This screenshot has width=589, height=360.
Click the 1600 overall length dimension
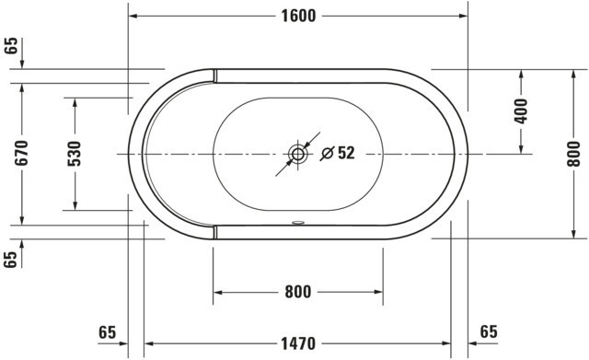click(298, 16)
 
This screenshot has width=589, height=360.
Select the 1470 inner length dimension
click(298, 343)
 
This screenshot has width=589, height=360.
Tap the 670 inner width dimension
click(22, 153)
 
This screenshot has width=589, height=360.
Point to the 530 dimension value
click(75, 154)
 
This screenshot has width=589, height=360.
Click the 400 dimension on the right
click(521, 111)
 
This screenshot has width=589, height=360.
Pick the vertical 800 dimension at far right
click(573, 154)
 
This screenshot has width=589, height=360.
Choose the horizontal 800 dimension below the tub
click(298, 292)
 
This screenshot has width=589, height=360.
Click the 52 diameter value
click(346, 153)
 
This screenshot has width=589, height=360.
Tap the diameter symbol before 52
click(328, 154)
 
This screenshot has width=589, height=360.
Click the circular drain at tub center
click(298, 154)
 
